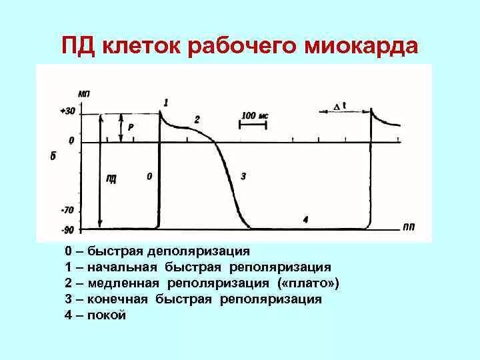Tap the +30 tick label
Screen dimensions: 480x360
[68, 111]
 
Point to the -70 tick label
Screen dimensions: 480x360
[67, 210]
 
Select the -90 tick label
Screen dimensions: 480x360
[67, 230]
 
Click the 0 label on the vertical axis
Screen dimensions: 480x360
[71, 141]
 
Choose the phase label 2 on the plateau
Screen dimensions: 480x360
[197, 119]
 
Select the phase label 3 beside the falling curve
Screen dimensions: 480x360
[243, 177]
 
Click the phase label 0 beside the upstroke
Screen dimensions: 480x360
[149, 177]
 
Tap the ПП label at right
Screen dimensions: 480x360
[409, 227]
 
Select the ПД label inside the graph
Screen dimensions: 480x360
[111, 177]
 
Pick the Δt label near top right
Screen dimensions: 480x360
[339, 106]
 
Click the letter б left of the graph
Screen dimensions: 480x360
[52, 157]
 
